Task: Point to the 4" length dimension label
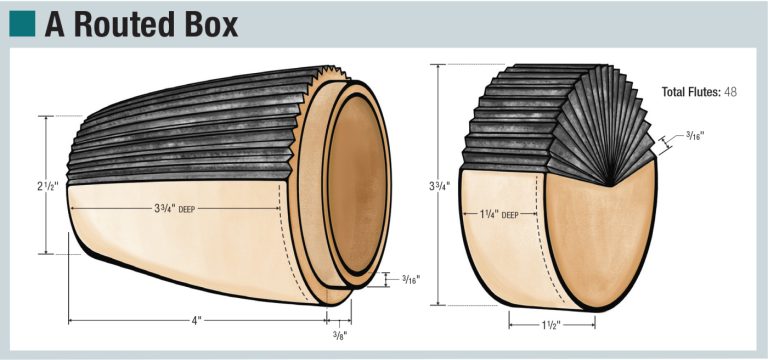coord(198,321)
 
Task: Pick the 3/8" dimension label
coord(338,335)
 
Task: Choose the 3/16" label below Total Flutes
coord(701,135)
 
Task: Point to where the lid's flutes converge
coord(608,184)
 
